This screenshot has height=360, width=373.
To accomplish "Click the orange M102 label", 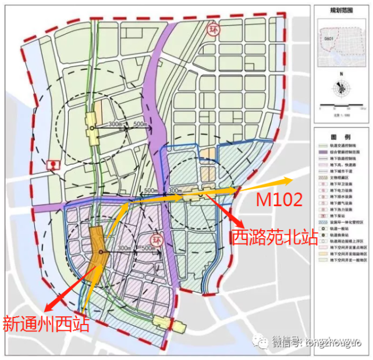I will click(x=279, y=200).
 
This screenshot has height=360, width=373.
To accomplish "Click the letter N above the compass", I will click(x=341, y=75).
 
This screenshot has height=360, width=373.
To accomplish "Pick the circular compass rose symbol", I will click(x=341, y=88).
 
